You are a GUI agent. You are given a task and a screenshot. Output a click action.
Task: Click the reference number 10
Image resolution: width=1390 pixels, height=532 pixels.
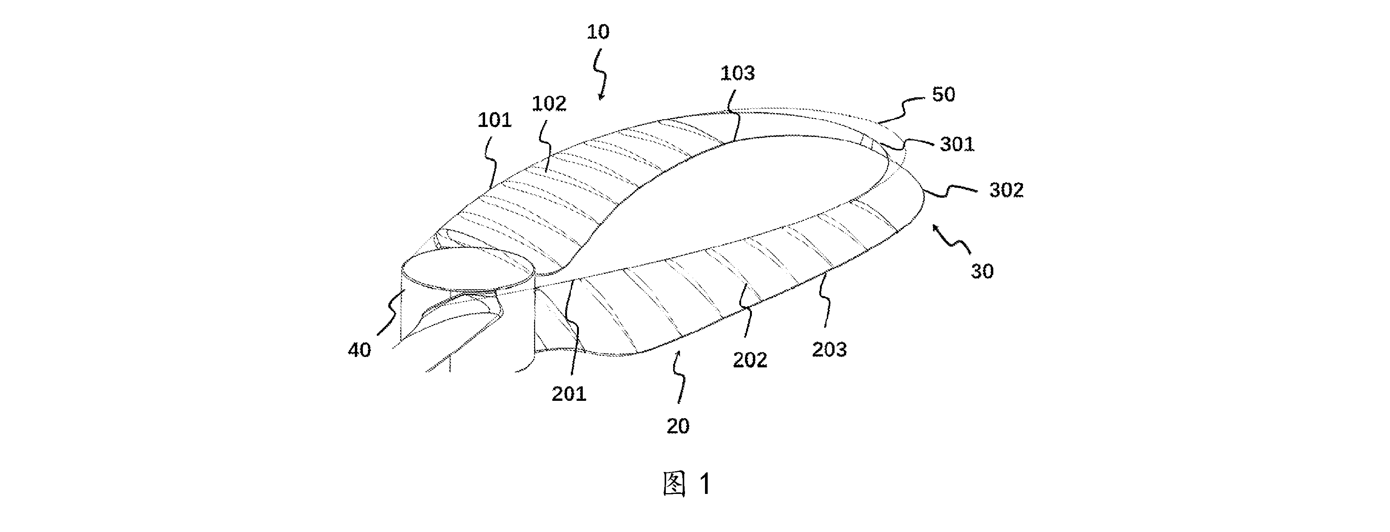pos(598,32)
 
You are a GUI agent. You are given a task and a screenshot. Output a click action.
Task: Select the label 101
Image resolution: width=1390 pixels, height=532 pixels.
pos(494,120)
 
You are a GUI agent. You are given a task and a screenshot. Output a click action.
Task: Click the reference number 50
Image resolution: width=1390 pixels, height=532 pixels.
pos(943,95)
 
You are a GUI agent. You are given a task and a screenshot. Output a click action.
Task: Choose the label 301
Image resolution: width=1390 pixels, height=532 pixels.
pos(957,144)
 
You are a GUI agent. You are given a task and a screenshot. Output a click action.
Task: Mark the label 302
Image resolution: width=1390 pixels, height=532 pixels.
pos(1006,190)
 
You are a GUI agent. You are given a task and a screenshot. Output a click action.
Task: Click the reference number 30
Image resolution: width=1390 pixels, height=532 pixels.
pos(982,271)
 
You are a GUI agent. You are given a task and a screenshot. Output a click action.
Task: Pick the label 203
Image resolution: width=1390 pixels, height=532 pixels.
pos(830,350)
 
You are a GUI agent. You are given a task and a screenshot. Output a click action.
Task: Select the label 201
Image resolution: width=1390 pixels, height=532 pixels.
pos(569,394)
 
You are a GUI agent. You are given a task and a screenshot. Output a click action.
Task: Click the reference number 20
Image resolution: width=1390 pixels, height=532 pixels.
pos(678,427)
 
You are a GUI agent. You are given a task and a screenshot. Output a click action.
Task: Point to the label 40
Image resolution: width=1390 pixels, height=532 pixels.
pos(359,350)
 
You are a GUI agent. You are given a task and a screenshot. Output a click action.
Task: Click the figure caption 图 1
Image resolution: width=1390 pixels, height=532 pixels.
pos(687,484)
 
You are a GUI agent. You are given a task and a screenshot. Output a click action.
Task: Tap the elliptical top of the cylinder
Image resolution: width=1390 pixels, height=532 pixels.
pos(468,270)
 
